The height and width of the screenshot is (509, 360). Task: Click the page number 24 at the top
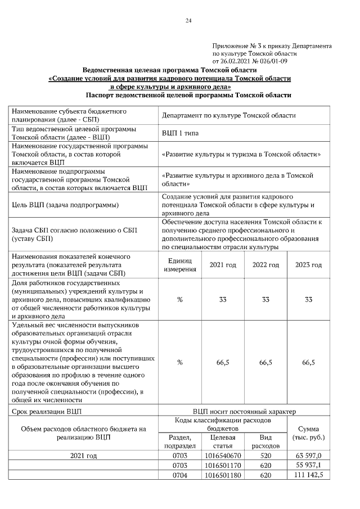click(x=188, y=21)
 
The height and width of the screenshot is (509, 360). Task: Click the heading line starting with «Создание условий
click(x=170, y=79)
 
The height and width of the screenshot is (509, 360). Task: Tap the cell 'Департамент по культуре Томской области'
click(x=228, y=115)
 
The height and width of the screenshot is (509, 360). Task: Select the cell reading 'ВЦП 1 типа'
click(x=180, y=133)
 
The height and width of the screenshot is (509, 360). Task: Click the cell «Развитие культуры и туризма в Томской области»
click(x=241, y=154)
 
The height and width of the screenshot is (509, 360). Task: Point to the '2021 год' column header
click(x=223, y=265)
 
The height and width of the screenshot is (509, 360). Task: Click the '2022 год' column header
click(x=265, y=265)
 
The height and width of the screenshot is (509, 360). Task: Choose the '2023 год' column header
click(x=308, y=265)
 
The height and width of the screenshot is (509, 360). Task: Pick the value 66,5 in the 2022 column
click(x=265, y=363)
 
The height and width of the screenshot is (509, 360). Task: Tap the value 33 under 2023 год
click(x=308, y=300)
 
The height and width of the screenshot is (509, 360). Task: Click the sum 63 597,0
click(x=309, y=455)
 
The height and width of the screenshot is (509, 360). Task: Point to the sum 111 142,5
click(x=308, y=476)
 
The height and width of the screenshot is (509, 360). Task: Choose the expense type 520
click(x=265, y=455)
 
